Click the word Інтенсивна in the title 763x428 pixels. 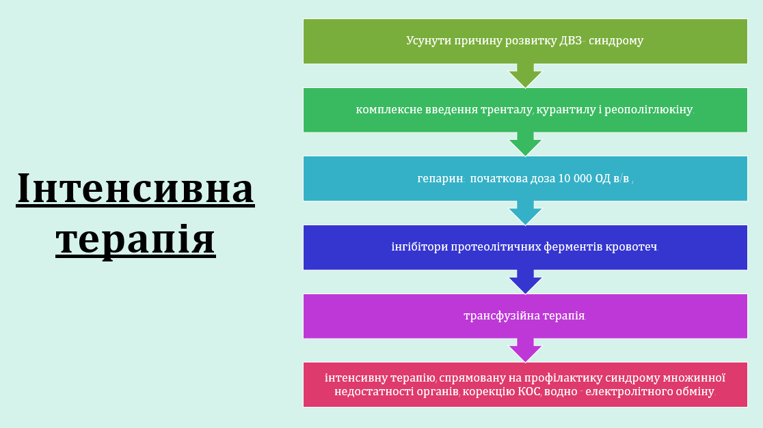pyautogui.click(x=135, y=188)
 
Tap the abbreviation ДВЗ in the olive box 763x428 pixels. pyautogui.click(x=570, y=40)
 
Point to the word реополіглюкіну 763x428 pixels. pyautogui.click(x=649, y=110)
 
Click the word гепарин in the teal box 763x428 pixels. pyautogui.click(x=440, y=179)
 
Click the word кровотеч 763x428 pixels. pyautogui.click(x=632, y=247)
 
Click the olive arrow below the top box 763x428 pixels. pyautogui.click(x=526, y=76)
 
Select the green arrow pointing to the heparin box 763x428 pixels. pyautogui.click(x=526, y=144)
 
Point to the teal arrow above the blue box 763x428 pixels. pyautogui.click(x=526, y=213)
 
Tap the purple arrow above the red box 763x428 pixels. pyautogui.click(x=526, y=350)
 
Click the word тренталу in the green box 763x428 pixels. pyautogui.click(x=507, y=110)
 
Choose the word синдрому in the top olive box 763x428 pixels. pyautogui.click(x=616, y=41)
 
